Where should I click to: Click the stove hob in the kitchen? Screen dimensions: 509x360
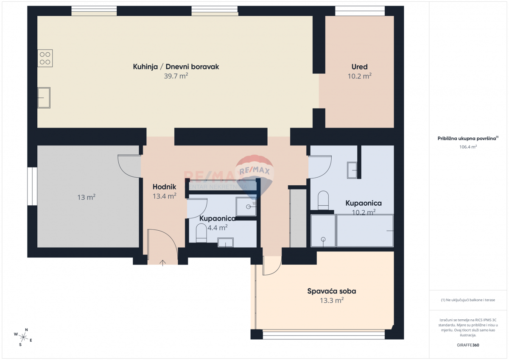coord(45,58)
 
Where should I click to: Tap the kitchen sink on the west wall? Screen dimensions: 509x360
coord(44,98)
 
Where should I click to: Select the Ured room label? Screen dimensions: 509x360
coord(360,67)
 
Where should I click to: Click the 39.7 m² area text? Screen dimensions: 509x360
coord(176,76)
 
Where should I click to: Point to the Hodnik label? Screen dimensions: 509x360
coord(164,187)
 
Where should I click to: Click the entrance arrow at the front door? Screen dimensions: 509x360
coord(162,263)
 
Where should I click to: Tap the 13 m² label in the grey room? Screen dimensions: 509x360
coord(87,197)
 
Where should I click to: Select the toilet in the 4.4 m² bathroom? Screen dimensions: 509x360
coord(201,233)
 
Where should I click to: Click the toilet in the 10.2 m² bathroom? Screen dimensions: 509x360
coord(323,200)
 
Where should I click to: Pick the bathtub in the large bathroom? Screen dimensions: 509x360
coord(365,231)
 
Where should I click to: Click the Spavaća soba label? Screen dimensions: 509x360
coord(332,291)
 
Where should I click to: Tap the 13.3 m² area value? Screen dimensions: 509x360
coord(332,301)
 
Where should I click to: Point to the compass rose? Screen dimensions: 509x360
coord(23,337)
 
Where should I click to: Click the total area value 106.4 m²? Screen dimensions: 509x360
coord(468,147)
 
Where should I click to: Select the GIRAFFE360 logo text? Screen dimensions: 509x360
coord(468,345)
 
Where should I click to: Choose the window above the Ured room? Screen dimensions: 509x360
coord(360,11)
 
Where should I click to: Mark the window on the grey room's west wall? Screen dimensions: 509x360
coord(32,186)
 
